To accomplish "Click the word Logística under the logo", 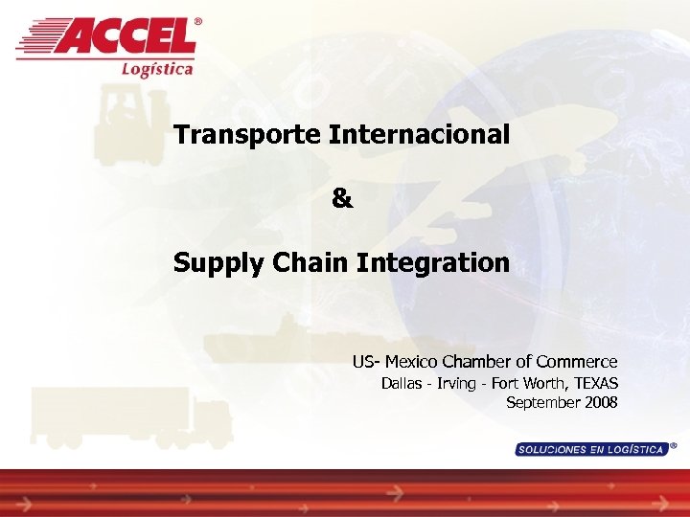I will pos(157,68).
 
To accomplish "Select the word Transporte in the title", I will pos(247,135).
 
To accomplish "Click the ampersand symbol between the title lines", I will pos(342,199).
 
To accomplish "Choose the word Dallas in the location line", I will pos(401,384).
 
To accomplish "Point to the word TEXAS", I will pos(595,384).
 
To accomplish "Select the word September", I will pos(541,402).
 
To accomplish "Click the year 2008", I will pos(600,402).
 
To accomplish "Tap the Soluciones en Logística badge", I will pos(590,449).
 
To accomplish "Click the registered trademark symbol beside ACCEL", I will pos(198,21).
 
